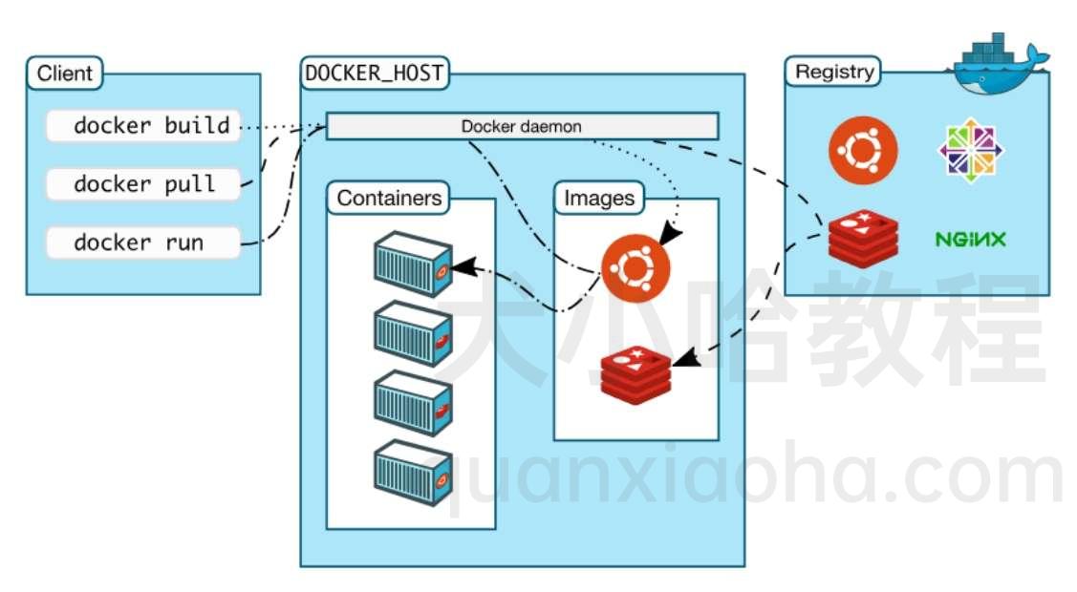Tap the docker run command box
click(141, 243)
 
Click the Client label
click(65, 73)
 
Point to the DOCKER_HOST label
click(375, 73)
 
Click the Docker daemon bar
click(522, 126)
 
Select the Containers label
click(389, 199)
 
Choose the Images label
click(599, 199)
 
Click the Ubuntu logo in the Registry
click(863, 150)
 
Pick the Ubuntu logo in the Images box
click(635, 268)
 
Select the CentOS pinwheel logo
click(969, 150)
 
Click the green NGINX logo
click(970, 239)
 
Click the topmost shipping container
click(412, 259)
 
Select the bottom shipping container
click(412, 473)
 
